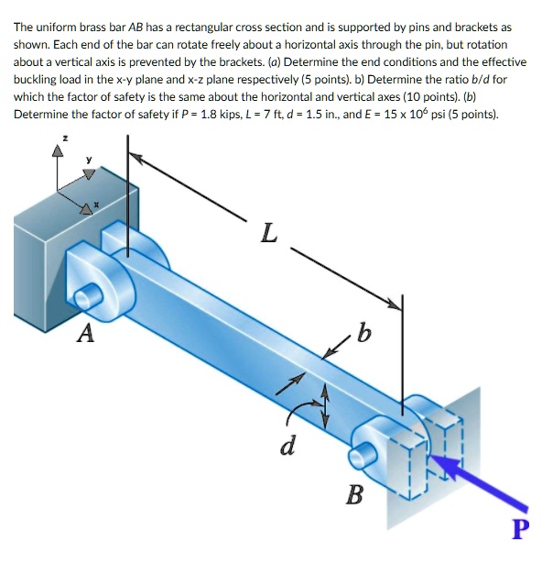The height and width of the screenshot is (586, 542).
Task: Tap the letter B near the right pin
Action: point(354,496)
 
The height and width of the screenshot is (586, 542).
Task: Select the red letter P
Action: point(520,530)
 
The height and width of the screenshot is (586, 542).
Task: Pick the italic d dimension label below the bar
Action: point(287,448)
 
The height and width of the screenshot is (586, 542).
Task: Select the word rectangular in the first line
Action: point(205,27)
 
